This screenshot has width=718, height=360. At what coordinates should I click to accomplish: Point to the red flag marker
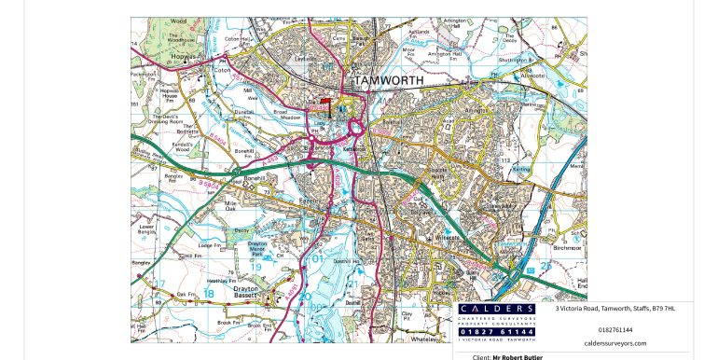point(324,101)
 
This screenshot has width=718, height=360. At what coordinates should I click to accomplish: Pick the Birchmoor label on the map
point(566,249)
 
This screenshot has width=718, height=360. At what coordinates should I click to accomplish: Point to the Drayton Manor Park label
point(262,246)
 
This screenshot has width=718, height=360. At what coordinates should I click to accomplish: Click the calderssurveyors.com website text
point(614,343)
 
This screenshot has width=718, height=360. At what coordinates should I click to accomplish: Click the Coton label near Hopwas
point(222,69)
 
